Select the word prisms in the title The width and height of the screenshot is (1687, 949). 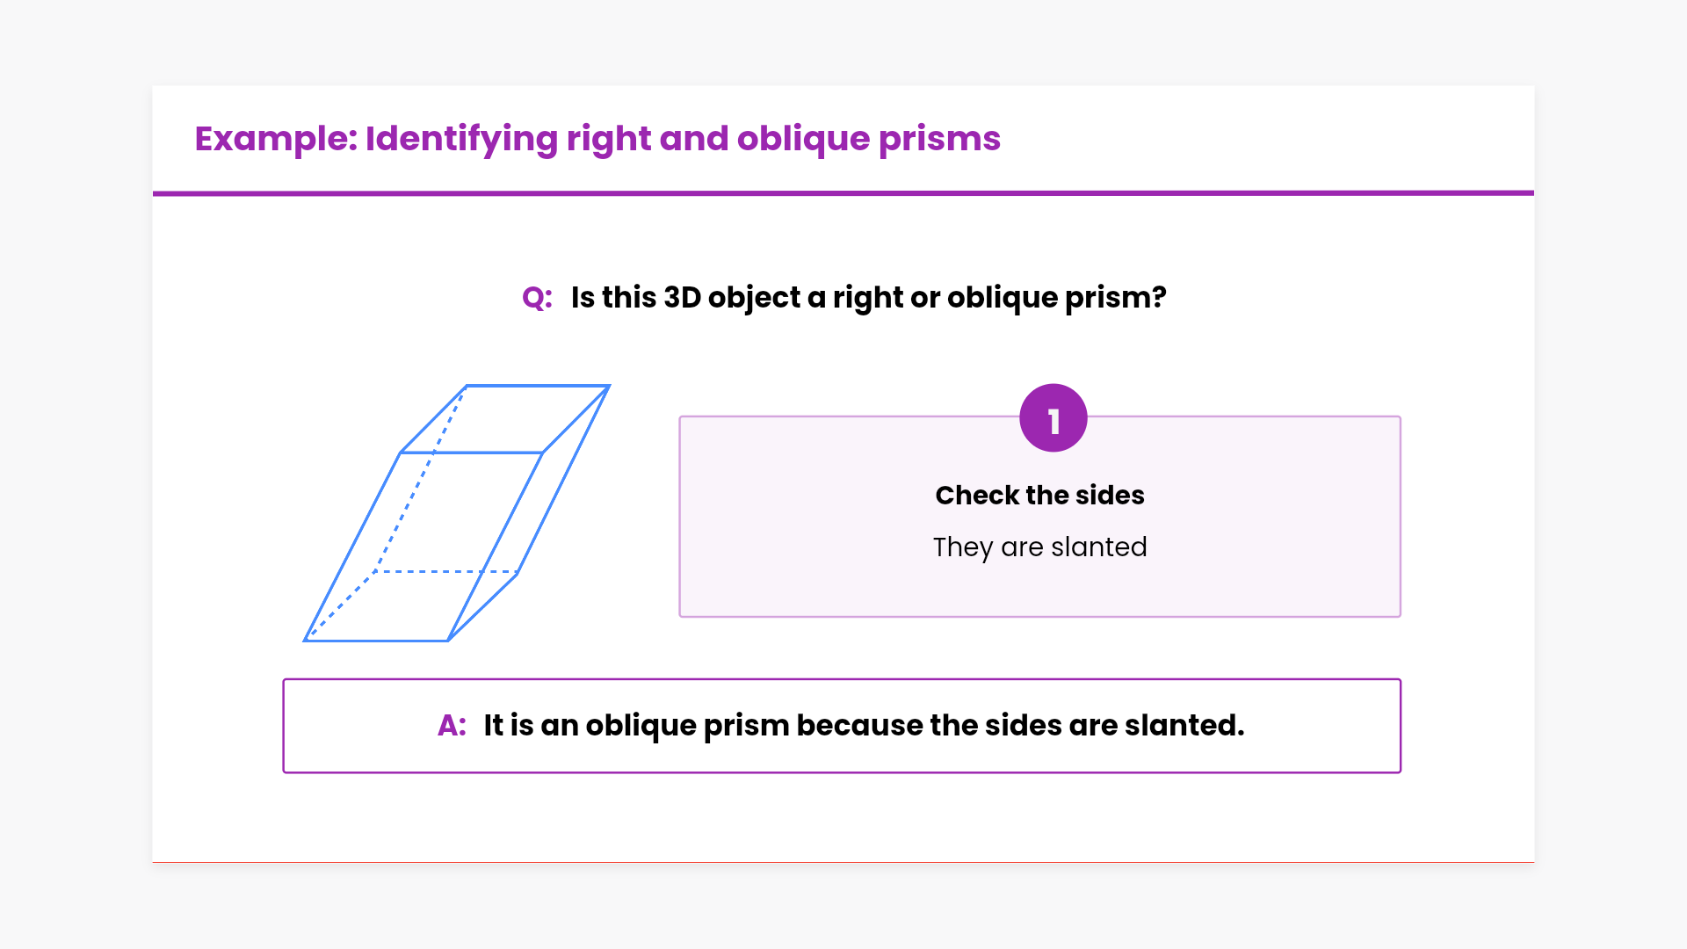coord(939,139)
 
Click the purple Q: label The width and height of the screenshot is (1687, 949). coord(537,298)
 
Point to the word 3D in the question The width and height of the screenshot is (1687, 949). coord(682,297)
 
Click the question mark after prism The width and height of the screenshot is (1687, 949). coord(1159,297)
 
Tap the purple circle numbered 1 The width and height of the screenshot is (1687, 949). coord(1053,418)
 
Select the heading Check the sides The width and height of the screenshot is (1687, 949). coord(1039,496)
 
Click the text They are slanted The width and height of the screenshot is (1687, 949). coord(1039,547)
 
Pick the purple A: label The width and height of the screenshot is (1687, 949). coord(452,726)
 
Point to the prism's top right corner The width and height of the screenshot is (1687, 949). coord(609,386)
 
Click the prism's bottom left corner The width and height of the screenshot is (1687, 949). coord(305,641)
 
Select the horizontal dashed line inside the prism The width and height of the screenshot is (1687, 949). coord(447,572)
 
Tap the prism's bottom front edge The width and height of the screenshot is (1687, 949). coord(376,641)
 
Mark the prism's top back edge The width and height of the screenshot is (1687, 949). coord(538,386)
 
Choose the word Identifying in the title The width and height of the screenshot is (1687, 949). coord(461,139)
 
